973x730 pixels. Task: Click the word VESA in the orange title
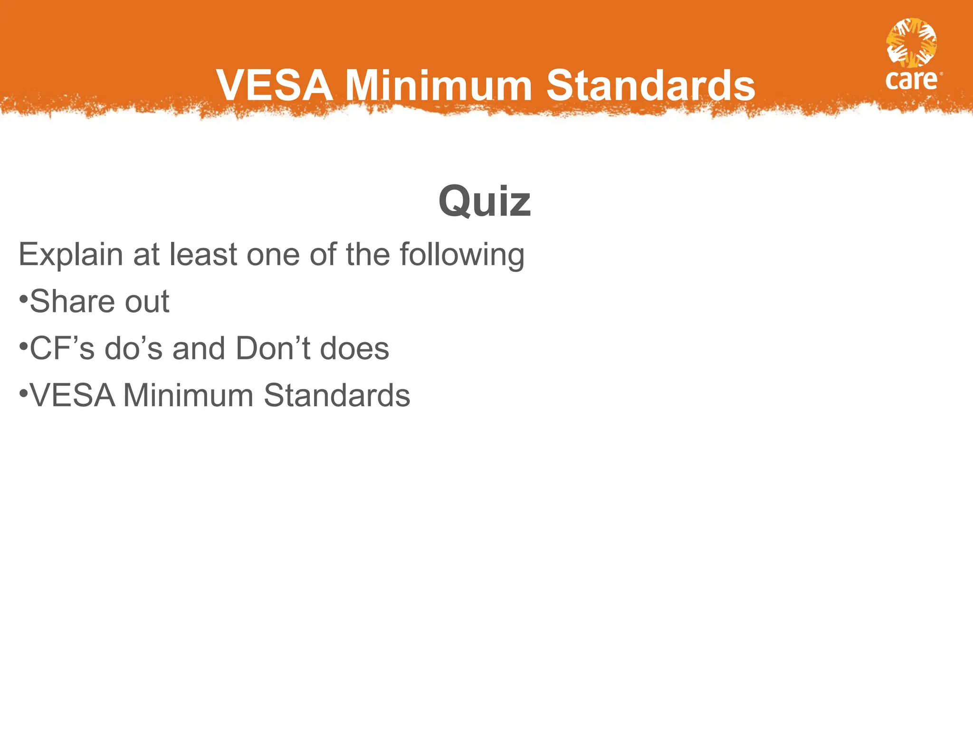point(274,86)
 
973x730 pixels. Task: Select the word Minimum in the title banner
point(438,86)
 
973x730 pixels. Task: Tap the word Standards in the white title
point(650,86)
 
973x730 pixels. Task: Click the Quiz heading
point(484,202)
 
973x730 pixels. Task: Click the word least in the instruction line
point(203,255)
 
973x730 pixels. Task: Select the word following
point(462,256)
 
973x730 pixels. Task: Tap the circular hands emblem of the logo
point(911,43)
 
